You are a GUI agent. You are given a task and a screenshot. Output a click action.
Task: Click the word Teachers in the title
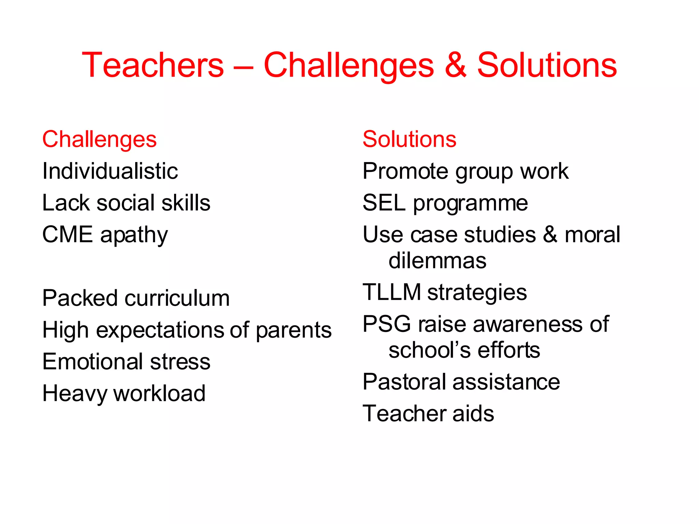153,65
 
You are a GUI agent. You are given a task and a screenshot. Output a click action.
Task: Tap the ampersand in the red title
455,65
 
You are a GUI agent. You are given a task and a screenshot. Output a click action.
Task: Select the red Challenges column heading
99,140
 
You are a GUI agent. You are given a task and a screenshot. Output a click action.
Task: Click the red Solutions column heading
409,139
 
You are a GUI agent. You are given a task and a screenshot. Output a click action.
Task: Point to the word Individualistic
110,171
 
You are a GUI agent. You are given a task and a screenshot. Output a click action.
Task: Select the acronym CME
67,235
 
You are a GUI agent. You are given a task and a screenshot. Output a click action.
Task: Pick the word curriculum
177,298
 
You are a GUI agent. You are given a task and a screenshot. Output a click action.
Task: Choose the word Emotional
92,362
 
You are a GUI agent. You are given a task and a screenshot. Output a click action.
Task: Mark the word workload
159,393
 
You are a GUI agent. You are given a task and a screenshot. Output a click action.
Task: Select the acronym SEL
384,203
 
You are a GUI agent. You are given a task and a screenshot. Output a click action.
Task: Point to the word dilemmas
437,261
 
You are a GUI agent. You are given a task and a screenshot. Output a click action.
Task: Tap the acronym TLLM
391,292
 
